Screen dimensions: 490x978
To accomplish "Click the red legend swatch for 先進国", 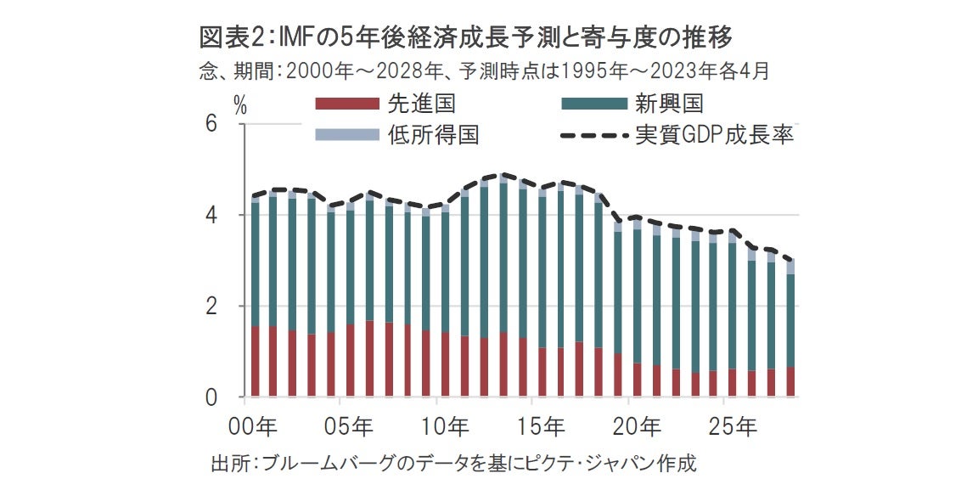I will click(346, 104).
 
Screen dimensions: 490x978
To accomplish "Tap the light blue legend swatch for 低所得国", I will click(346, 134).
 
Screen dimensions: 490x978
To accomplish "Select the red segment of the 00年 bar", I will click(255, 361).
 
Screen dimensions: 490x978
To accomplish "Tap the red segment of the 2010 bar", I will click(445, 364).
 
